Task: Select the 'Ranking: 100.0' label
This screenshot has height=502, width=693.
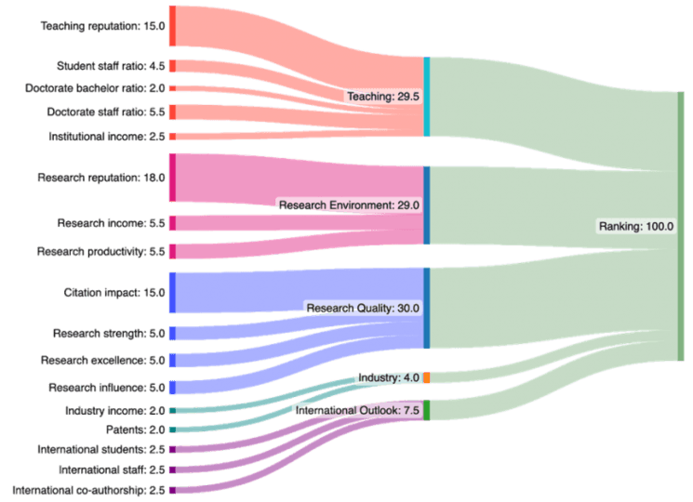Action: coord(635,226)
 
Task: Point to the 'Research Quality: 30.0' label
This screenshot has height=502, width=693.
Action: coord(363,308)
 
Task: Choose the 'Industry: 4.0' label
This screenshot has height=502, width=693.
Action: coord(389,377)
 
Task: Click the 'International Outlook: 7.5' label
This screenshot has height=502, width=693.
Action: coord(358,410)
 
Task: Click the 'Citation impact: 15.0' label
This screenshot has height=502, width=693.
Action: coord(114,293)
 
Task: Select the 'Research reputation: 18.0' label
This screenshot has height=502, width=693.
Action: coord(101,177)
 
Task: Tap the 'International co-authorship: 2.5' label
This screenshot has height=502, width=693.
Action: coord(88,490)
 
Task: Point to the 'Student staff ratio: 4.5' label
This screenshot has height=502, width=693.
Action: coord(110,66)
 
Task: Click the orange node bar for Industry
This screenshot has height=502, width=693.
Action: coord(426,377)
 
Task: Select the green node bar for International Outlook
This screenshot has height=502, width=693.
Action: coord(426,410)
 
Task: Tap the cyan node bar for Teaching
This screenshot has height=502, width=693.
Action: coord(426,97)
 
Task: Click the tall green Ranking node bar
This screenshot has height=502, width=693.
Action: coord(681,225)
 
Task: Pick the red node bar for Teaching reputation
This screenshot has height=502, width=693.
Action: coord(173,26)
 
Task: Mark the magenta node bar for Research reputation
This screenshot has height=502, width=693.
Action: coord(173,177)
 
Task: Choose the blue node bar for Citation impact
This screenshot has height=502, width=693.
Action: coord(173,293)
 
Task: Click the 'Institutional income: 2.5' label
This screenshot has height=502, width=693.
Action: coord(107,137)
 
